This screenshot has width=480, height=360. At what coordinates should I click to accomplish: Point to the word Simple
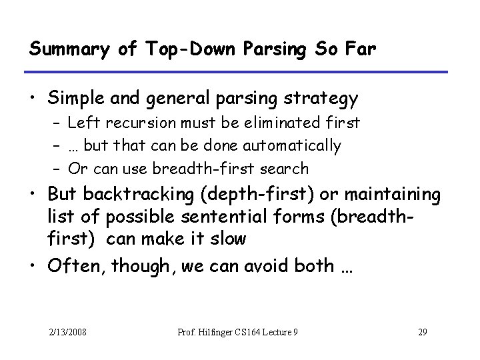click(x=74, y=99)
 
